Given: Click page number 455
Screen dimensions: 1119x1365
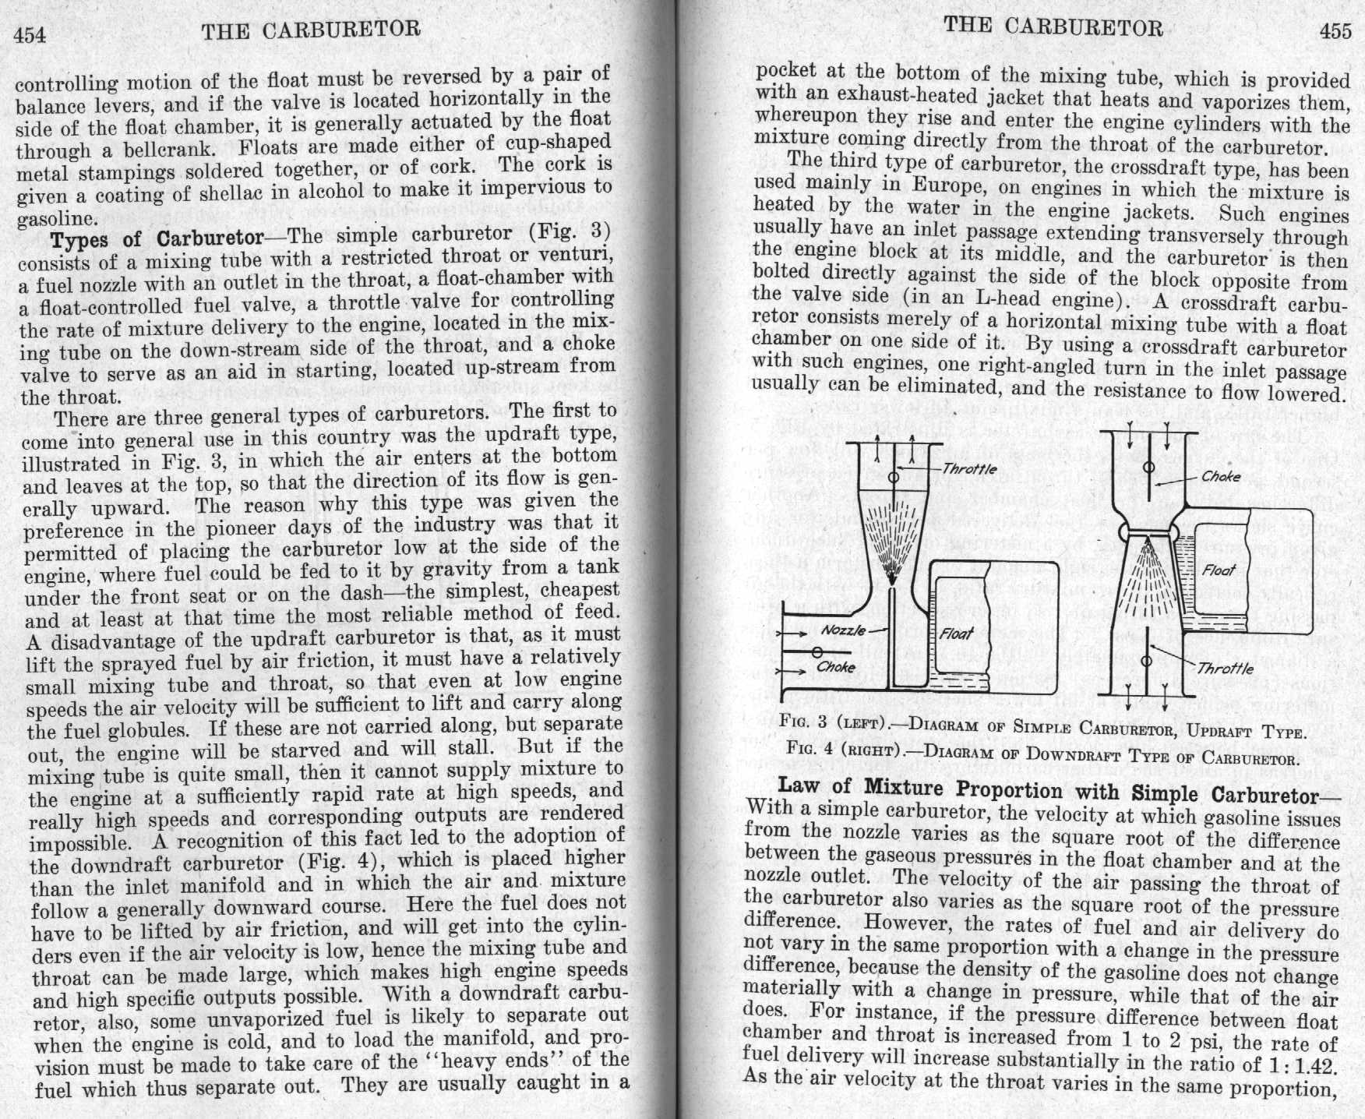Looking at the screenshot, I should click(x=1335, y=30).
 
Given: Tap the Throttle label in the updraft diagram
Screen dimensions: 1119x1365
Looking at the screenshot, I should click(x=969, y=469).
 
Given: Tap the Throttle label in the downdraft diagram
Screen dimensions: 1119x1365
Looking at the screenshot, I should click(x=1226, y=669).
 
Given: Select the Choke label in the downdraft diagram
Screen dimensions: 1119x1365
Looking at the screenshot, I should click(x=1221, y=476).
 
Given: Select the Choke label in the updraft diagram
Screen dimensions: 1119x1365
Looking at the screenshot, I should click(x=836, y=667).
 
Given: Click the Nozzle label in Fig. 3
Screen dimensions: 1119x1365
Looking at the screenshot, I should click(x=844, y=630).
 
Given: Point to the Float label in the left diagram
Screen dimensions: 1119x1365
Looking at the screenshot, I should click(x=955, y=633).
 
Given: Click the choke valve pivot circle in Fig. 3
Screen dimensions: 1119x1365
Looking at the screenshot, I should click(x=817, y=651).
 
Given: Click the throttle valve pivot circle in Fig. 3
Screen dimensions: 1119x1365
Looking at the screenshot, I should click(x=894, y=477).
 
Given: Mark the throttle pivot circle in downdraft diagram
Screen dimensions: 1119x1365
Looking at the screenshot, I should click(x=1145, y=661).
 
